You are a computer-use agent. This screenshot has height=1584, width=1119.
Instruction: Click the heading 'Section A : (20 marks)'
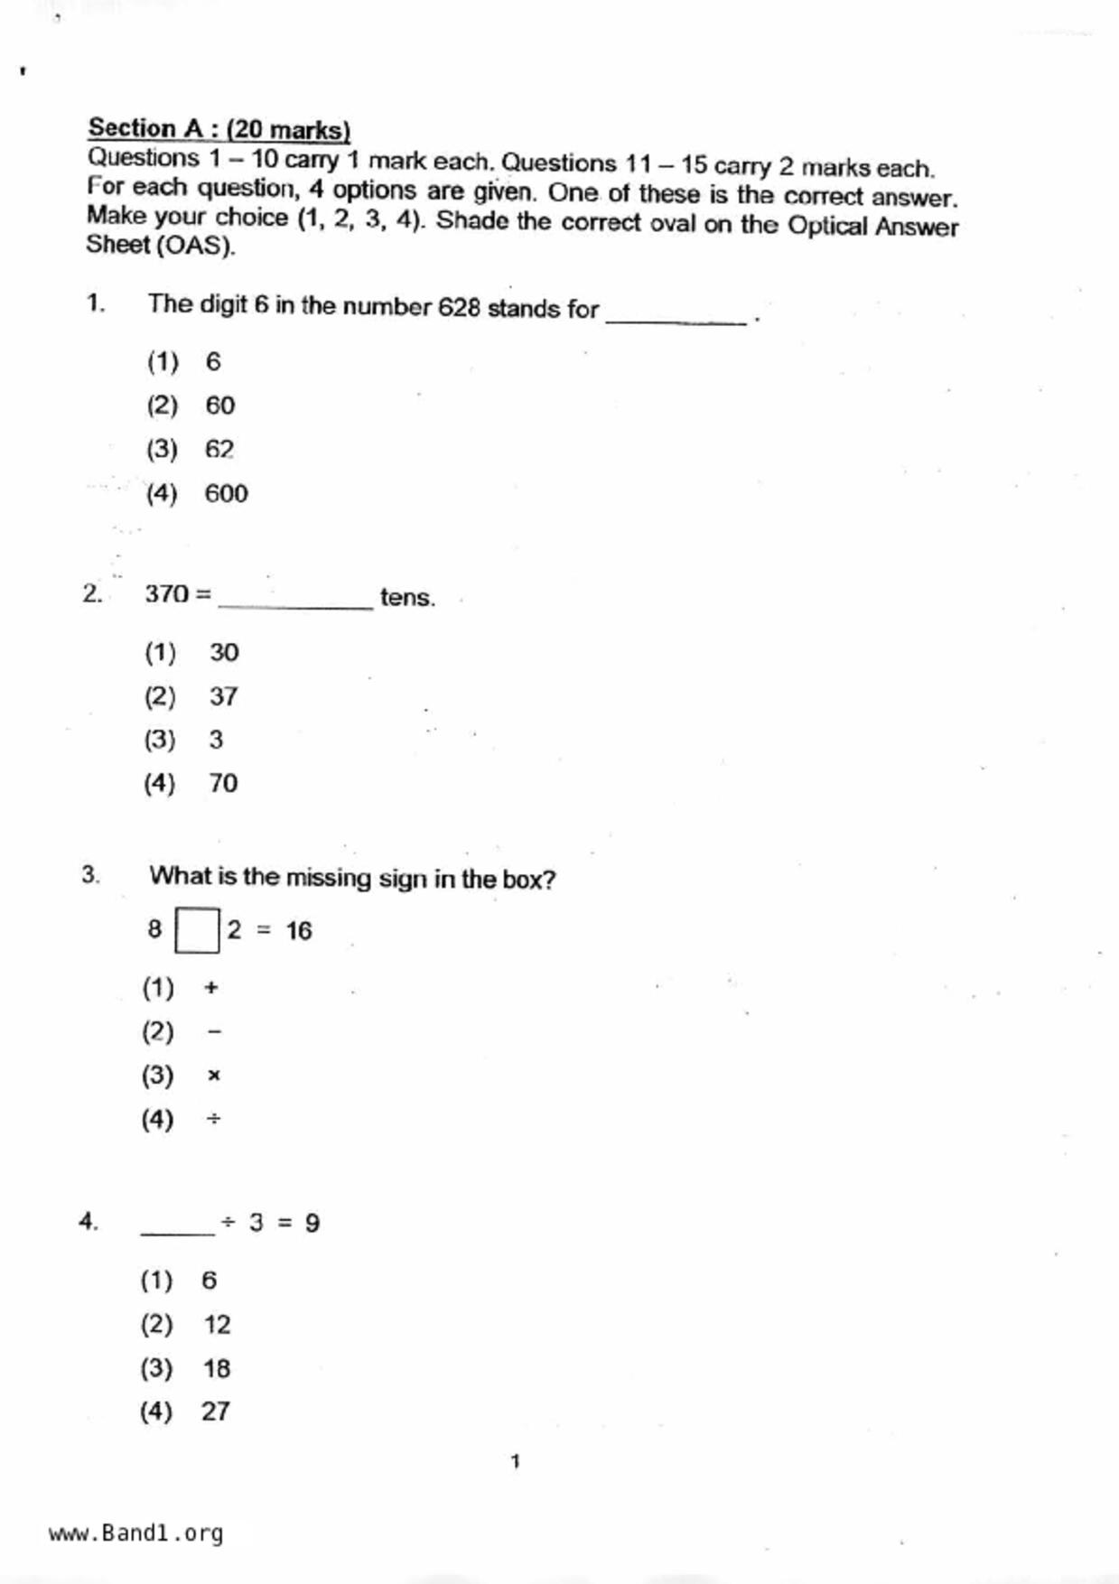click(219, 129)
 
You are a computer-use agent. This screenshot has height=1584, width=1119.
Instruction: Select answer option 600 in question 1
click(226, 494)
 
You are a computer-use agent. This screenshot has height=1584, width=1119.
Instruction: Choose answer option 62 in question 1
click(219, 450)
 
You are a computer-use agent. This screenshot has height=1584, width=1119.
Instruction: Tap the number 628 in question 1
click(459, 308)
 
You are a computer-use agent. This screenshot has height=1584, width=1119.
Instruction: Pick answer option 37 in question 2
click(223, 696)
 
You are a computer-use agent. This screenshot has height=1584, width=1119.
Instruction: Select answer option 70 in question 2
click(223, 783)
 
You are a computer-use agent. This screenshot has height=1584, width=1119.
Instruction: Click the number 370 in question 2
click(167, 594)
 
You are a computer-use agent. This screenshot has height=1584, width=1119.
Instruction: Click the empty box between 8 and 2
click(197, 930)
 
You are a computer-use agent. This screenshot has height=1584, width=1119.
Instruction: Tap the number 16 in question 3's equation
click(299, 931)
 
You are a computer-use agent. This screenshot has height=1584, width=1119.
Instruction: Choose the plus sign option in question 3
click(211, 987)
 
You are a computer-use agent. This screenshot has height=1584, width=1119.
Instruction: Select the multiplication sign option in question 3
click(213, 1076)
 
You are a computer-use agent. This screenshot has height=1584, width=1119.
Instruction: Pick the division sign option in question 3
click(213, 1120)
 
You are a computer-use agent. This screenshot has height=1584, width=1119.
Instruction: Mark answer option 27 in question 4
click(215, 1412)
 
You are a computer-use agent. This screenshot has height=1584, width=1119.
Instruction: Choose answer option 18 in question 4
click(217, 1368)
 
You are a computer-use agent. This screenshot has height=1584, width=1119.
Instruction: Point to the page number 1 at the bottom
click(516, 1461)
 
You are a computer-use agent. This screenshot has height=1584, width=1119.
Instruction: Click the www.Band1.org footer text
click(135, 1533)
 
